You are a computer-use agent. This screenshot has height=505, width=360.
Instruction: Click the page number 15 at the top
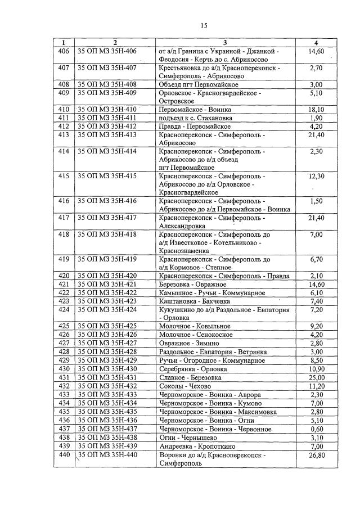[203, 25]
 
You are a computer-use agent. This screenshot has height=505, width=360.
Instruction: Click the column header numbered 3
[224, 43]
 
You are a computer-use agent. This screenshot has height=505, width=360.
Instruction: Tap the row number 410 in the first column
[64, 109]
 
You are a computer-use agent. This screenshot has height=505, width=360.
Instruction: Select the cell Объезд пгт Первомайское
[197, 84]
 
